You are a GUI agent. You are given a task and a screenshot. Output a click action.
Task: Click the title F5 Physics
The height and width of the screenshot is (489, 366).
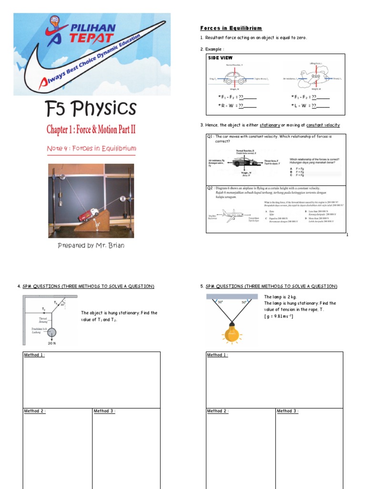(x=91, y=109)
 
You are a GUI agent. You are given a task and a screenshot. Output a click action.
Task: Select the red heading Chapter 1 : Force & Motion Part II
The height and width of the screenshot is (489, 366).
(x=91, y=129)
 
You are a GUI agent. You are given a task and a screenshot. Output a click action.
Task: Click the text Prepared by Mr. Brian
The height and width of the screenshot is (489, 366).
(x=91, y=245)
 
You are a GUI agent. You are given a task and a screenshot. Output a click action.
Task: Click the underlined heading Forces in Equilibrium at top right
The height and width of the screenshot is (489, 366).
(x=231, y=28)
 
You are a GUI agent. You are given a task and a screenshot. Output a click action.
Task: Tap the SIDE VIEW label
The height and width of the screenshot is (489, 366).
(x=220, y=58)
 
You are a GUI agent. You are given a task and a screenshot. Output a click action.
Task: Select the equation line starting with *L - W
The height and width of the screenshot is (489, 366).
(x=310, y=106)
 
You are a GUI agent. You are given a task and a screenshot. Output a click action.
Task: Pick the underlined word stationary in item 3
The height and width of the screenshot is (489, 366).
(x=270, y=125)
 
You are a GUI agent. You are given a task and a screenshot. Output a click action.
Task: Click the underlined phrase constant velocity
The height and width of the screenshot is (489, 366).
(x=323, y=125)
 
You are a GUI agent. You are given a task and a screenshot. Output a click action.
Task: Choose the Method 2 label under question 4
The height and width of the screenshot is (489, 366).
(x=35, y=411)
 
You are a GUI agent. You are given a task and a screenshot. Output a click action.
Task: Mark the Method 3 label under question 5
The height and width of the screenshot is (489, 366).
(x=287, y=411)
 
